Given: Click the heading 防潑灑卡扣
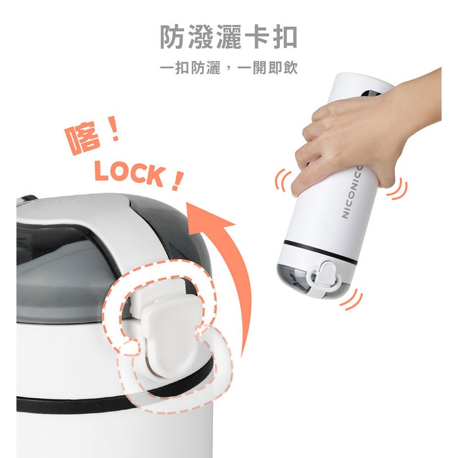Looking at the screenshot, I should tap(228, 38).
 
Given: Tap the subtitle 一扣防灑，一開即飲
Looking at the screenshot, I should tap(228, 69).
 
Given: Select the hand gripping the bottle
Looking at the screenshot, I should tap(363, 136).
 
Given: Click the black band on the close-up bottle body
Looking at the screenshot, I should tap(68, 404).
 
